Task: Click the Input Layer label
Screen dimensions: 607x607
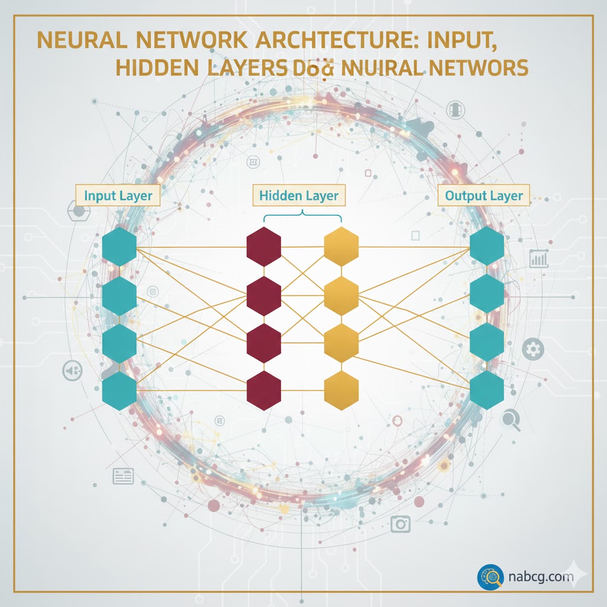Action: [x=118, y=196]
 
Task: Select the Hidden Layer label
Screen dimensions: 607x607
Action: [x=299, y=196]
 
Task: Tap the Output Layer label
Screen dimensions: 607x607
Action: [x=484, y=196]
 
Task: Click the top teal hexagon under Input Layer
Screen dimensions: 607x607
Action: [x=120, y=246]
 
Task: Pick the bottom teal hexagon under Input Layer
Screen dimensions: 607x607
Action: [x=120, y=391]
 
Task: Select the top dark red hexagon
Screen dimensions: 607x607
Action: [x=264, y=246]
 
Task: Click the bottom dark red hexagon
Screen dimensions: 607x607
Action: [x=264, y=391]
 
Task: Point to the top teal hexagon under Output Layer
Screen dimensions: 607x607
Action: [x=487, y=246]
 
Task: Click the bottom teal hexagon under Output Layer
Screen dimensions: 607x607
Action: [x=487, y=391]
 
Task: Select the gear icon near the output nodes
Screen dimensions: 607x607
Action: [x=535, y=349]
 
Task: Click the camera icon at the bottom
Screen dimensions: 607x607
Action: [x=401, y=523]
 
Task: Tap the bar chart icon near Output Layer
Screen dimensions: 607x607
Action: [x=539, y=258]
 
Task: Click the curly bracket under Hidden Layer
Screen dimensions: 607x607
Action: [x=302, y=217]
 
